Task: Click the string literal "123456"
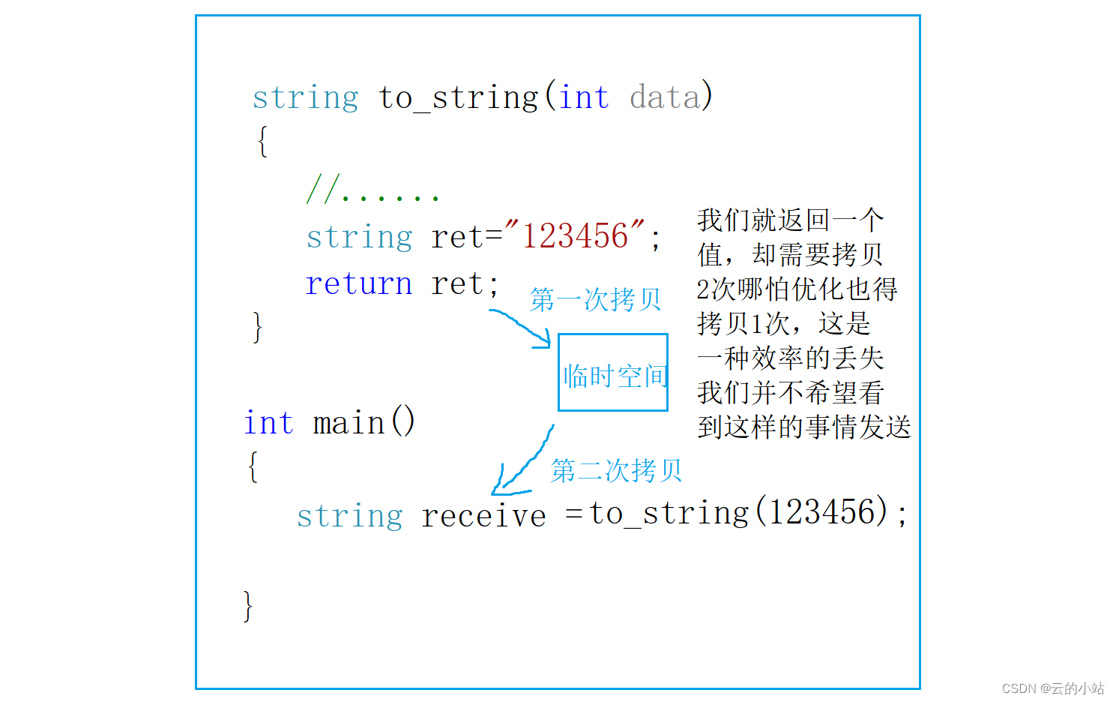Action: [575, 236]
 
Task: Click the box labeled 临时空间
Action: [613, 373]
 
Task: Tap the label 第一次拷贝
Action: [595, 299]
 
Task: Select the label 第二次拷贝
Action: [616, 470]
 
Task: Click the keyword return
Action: [358, 284]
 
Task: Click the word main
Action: [349, 424]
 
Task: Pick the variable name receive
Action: [483, 516]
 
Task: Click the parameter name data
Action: [664, 97]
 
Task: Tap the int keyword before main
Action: [268, 424]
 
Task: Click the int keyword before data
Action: [583, 97]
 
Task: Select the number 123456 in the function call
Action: [822, 513]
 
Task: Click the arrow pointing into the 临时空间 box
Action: [522, 328]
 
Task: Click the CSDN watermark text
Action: [1052, 688]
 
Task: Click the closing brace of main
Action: [248, 606]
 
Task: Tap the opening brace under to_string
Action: [262, 141]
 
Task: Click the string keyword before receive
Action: [349, 516]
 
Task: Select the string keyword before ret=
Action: [359, 238]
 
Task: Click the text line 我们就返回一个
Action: [790, 220]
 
